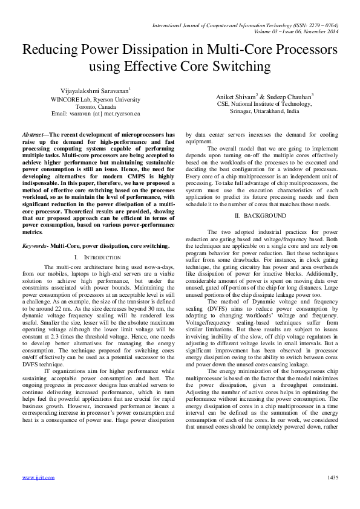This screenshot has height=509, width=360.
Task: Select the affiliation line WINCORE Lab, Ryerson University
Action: tap(96, 99)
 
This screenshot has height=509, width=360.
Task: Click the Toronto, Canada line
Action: tap(96, 106)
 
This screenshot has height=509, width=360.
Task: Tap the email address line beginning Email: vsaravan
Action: tap(96, 113)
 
